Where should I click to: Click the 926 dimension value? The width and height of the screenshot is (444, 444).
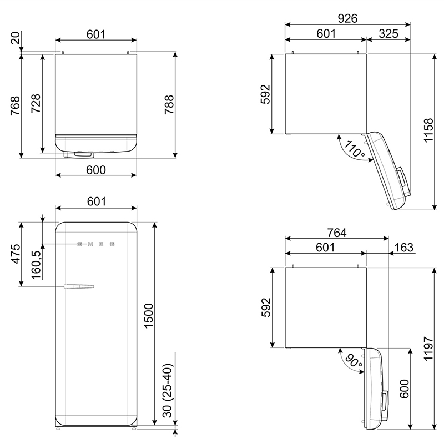tap(347, 18)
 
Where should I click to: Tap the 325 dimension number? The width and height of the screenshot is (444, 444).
tap(389, 33)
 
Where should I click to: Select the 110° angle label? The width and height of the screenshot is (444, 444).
tap(354, 149)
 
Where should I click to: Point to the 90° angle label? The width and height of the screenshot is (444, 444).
tap(354, 360)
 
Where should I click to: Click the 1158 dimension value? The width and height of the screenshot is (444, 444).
tap(428, 130)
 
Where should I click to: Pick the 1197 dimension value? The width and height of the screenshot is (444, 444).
tap(428, 349)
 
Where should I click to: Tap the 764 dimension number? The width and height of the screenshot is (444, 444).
tap(337, 233)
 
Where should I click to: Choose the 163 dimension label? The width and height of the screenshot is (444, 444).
tap(404, 247)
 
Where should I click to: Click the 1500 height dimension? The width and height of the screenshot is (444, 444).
tap(148, 316)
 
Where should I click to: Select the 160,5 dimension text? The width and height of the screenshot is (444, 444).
tap(36, 265)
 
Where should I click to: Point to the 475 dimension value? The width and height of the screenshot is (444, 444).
tap(16, 254)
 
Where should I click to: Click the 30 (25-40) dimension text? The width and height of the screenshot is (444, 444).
tap(168, 391)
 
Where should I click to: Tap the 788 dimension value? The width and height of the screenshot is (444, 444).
tap(169, 105)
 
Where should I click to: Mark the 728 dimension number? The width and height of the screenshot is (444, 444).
tap(36, 104)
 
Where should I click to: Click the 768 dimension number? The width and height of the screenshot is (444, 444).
tap(16, 105)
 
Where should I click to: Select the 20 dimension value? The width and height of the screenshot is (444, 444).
tap(16, 38)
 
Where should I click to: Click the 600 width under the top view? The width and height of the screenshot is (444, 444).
tap(96, 170)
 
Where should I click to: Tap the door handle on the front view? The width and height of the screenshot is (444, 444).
tap(79, 286)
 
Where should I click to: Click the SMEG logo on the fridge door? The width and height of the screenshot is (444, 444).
tap(96, 244)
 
